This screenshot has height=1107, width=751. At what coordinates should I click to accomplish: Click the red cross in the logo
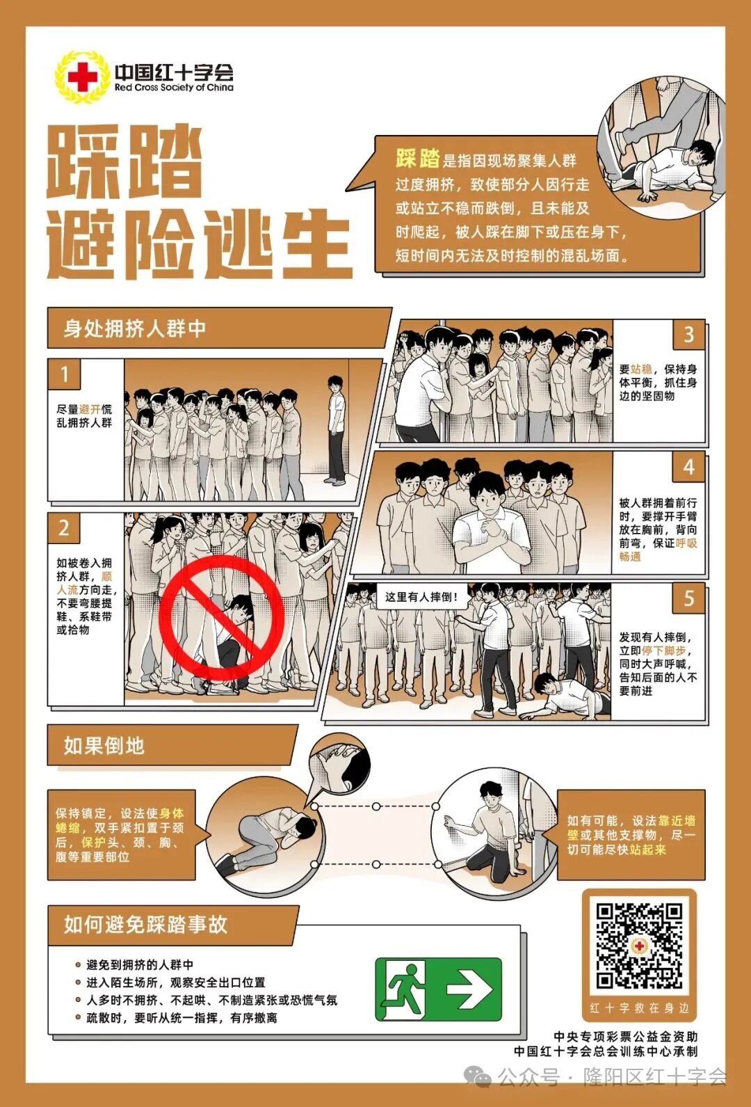pos(83,77)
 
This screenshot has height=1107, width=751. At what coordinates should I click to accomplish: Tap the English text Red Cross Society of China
pos(174,88)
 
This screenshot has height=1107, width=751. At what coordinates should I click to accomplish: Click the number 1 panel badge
pos(64,374)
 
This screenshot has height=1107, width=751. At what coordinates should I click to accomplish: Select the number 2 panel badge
pos(64,528)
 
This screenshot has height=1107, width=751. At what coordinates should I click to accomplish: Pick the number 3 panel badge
pos(688,335)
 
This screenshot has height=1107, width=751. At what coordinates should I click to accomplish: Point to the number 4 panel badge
pos(688,467)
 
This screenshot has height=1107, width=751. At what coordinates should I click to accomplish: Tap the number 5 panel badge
pos(688,598)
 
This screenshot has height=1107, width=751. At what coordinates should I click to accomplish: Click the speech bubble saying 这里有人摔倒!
pos(422,597)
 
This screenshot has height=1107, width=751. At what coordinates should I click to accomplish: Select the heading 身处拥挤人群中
pos(135,328)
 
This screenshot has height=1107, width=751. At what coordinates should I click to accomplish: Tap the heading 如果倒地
pos(104,746)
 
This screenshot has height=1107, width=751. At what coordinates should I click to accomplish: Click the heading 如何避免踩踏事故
pos(146,925)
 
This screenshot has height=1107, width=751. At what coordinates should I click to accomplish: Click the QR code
pos(639,946)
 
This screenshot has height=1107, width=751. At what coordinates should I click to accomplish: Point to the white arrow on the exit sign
pos(469,989)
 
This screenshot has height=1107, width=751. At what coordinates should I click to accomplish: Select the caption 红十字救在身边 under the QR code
pos(639,1008)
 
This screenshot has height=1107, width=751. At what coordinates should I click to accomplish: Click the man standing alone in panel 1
pos(336,429)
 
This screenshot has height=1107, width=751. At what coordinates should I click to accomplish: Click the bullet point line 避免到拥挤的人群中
pos(140,965)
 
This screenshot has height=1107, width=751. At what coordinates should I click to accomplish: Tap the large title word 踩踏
pos(125,161)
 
